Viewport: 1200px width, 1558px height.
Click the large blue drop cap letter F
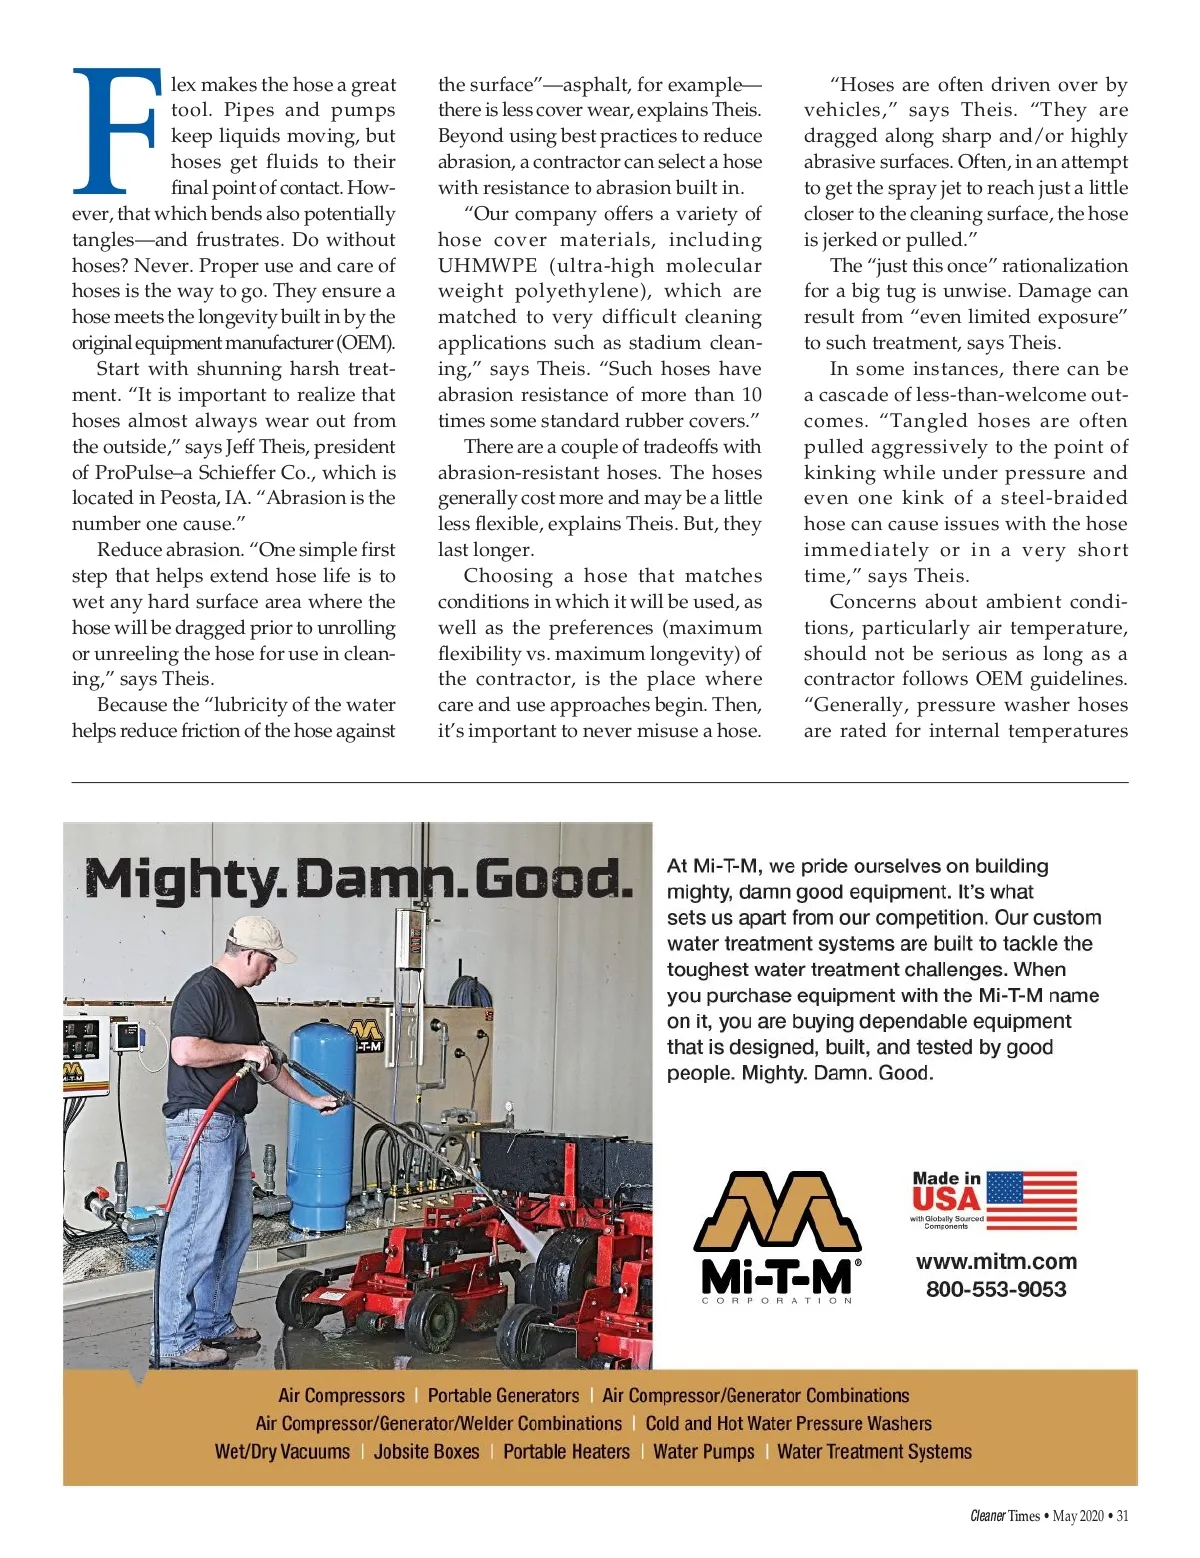(115, 130)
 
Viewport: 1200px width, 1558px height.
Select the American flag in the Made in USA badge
(1032, 1200)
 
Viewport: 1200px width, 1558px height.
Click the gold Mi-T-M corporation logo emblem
(777, 1213)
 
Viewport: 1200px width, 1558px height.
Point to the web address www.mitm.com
(996, 1262)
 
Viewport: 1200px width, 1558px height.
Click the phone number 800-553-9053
(996, 1290)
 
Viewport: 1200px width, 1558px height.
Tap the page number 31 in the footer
(1122, 1516)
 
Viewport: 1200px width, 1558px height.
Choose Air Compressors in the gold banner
(341, 1396)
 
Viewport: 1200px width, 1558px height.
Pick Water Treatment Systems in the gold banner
(874, 1452)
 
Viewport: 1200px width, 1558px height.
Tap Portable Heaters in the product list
(566, 1452)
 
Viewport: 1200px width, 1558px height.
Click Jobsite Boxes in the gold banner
(426, 1452)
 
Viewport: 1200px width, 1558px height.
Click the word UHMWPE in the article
(487, 266)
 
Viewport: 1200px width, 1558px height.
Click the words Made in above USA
(946, 1179)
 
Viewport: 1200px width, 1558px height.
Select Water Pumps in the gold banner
(703, 1452)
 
